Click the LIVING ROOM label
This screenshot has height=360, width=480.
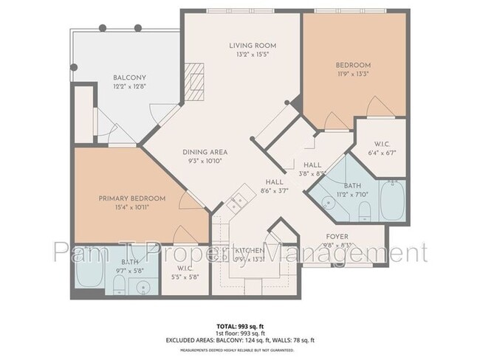point(247,46)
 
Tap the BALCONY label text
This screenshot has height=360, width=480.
point(129,77)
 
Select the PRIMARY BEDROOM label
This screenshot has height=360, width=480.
point(132,198)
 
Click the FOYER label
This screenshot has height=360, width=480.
point(337,237)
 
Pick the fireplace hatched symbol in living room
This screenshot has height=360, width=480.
point(193,76)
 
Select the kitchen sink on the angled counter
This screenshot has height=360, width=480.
point(238,201)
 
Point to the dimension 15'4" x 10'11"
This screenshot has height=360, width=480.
point(132,208)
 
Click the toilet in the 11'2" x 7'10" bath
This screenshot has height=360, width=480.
point(363,212)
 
